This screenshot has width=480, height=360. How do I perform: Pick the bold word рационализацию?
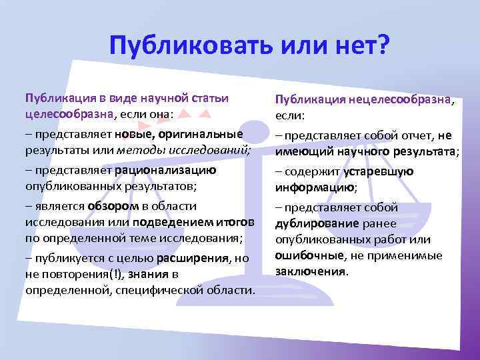click(165, 169)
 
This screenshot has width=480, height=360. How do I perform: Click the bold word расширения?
click(190, 257)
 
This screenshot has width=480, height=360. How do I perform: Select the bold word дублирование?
click(309, 224)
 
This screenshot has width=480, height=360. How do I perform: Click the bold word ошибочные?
click(307, 256)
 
